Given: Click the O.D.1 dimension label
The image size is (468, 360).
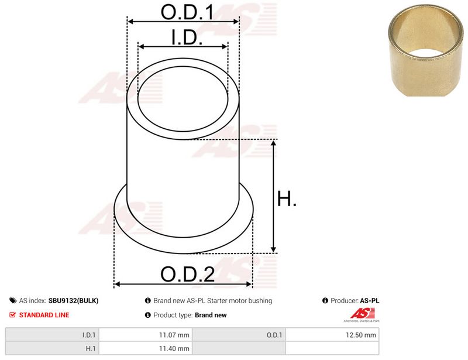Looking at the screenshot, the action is pos(187,12).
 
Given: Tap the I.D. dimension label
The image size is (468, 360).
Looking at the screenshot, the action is pos(187,37).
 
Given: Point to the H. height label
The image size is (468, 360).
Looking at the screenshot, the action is pos(287,198).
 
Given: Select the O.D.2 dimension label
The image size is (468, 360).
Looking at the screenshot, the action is pos(187,274).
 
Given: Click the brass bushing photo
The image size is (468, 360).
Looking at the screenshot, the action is pos(426,50).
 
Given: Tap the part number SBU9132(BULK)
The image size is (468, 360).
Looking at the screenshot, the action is pos(74,300).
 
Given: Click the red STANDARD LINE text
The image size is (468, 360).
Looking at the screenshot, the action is pos(44,315).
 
